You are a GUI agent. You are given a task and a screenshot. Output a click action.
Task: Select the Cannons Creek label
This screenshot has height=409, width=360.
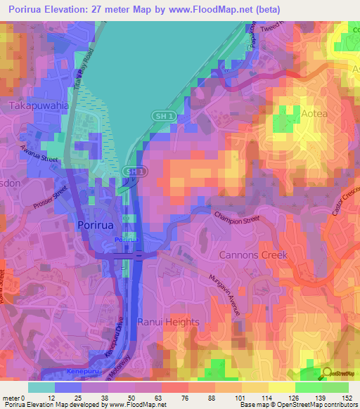point(253,255)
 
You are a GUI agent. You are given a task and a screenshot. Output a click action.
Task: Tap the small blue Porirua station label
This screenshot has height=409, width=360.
point(127,240)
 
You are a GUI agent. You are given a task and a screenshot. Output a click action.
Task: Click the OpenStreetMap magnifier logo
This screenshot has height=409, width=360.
point(327,375)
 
